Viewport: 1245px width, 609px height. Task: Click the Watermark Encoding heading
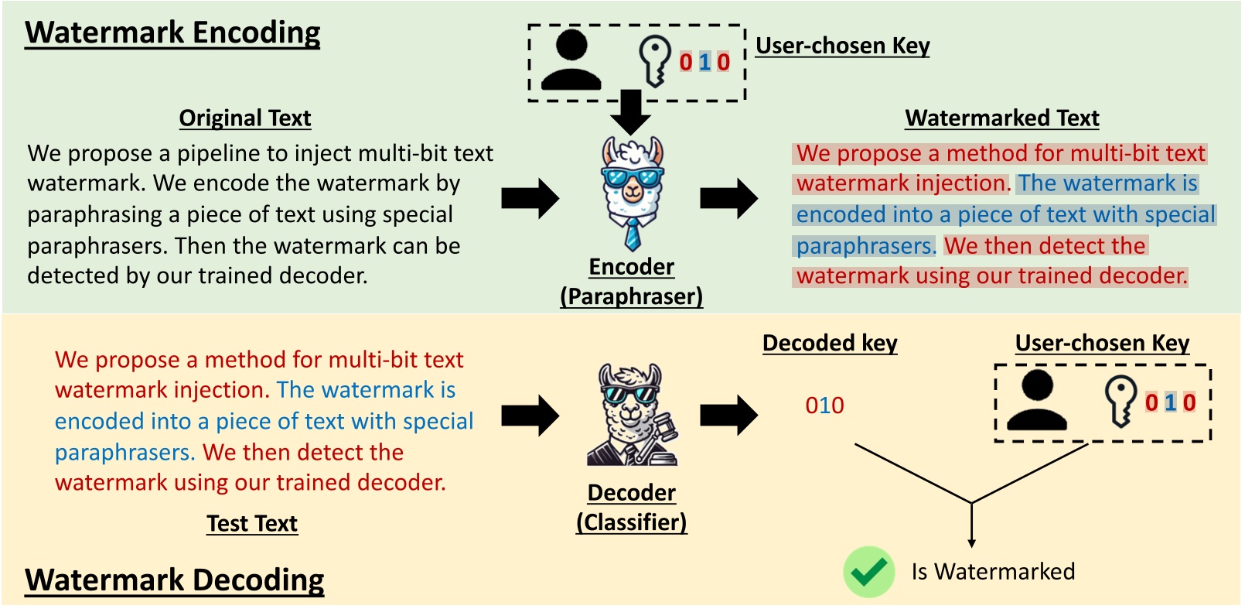click(x=172, y=33)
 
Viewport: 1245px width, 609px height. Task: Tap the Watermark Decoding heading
click(x=174, y=580)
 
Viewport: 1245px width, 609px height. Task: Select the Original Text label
click(x=245, y=118)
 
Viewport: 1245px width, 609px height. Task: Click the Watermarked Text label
click(x=1002, y=118)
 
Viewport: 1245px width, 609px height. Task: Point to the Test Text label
click(x=252, y=524)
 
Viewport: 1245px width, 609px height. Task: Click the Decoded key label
click(x=830, y=343)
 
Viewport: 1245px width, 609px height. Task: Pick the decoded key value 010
click(x=824, y=405)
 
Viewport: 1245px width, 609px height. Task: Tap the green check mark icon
click(x=868, y=572)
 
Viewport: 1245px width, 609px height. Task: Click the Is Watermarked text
click(x=993, y=572)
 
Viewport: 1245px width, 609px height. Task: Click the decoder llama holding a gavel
click(x=633, y=415)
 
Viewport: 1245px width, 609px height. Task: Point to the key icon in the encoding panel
click(x=654, y=61)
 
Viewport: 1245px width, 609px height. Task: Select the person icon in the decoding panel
click(x=1037, y=400)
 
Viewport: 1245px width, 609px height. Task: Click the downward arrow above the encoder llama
click(x=631, y=111)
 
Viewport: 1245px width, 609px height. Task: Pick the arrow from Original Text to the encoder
click(x=530, y=199)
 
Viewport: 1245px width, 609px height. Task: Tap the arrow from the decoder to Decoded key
click(x=728, y=416)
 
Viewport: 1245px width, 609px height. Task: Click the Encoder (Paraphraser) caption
click(x=632, y=282)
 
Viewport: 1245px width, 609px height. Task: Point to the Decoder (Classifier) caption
click(x=632, y=508)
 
